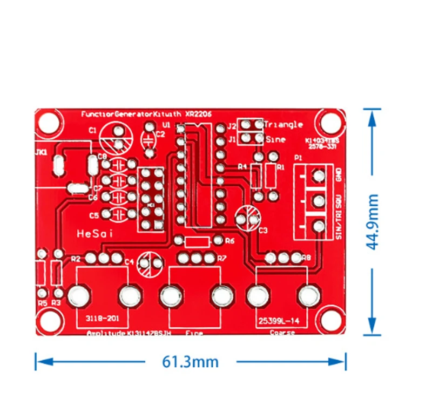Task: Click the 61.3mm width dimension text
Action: click(x=191, y=361)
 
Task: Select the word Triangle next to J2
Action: click(x=284, y=124)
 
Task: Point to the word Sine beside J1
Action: click(x=275, y=139)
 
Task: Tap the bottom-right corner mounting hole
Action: click(x=329, y=319)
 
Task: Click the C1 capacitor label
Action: click(x=92, y=130)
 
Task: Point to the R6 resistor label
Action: click(x=230, y=240)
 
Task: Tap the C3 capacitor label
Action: click(x=263, y=231)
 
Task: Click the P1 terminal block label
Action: click(x=297, y=158)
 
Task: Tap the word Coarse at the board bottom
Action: click(x=282, y=333)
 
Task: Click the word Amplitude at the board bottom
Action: click(x=107, y=333)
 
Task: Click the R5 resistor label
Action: click(x=43, y=303)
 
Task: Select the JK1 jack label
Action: click(x=41, y=153)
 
